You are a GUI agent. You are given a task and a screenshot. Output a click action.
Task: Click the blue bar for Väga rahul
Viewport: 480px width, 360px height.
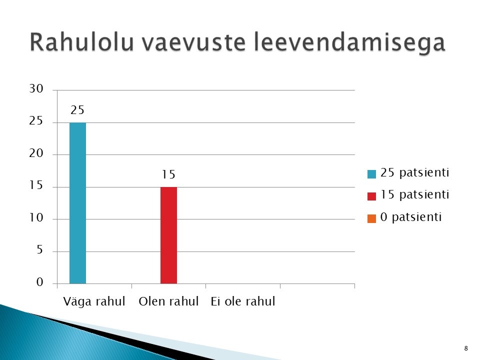(x=78, y=203)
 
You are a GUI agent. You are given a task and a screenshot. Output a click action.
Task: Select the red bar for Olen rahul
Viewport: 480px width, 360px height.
(x=168, y=235)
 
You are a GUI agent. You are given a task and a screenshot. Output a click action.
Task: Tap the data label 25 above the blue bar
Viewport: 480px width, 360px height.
(x=77, y=110)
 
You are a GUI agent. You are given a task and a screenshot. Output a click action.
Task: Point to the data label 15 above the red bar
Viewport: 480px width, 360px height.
(x=168, y=174)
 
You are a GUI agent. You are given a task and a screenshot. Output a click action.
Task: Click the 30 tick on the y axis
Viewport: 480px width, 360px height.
(x=36, y=89)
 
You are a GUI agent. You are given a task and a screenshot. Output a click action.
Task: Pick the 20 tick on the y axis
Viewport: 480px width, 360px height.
(x=36, y=153)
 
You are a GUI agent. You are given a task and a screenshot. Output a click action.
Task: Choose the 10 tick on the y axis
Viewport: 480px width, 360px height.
(x=36, y=217)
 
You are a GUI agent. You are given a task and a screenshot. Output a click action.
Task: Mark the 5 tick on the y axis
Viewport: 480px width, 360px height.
(x=40, y=250)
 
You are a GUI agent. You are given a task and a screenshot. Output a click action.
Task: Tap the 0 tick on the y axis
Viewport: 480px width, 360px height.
(x=40, y=282)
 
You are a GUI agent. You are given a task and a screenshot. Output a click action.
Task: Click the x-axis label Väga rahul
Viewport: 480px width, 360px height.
(x=94, y=301)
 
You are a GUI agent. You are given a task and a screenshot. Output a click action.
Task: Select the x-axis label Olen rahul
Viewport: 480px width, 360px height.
(x=168, y=301)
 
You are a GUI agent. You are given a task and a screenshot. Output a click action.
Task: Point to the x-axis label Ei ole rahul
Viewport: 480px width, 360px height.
(x=243, y=301)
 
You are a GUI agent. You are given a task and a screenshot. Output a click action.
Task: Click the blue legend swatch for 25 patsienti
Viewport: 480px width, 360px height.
(x=371, y=174)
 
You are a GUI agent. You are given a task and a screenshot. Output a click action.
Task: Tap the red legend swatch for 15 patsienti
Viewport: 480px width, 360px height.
(x=371, y=196)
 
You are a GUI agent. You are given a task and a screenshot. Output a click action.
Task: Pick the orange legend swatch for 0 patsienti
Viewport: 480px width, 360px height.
(x=371, y=218)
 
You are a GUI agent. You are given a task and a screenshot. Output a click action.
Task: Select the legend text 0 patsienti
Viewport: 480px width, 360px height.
(x=411, y=217)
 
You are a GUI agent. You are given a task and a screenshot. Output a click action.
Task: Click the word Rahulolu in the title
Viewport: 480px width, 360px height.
(x=82, y=42)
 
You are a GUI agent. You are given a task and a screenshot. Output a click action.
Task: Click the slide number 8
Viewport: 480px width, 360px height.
(x=466, y=348)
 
